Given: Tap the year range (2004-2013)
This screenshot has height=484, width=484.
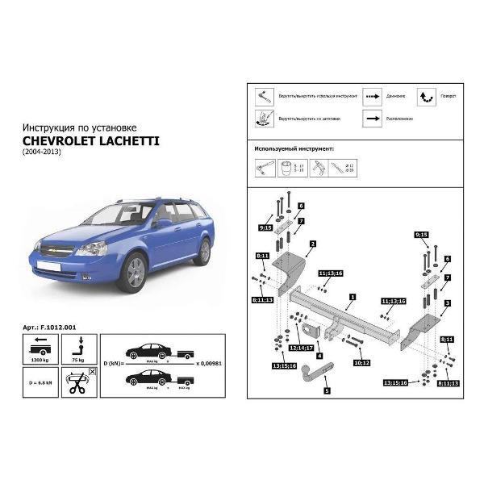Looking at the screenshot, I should coord(43,152).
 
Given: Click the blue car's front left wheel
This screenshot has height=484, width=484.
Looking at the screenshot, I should coord(131,271).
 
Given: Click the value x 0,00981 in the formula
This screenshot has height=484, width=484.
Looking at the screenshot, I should coord(208,363).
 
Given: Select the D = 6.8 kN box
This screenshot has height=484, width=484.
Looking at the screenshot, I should coord(40,385).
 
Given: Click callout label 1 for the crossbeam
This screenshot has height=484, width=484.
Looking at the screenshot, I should coord(352,297).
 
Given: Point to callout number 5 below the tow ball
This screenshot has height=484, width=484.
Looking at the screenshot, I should coord(327,390).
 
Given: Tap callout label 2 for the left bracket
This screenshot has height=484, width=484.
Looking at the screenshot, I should coord(311,243).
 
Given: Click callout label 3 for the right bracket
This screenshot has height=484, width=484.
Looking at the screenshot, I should coord(446,302).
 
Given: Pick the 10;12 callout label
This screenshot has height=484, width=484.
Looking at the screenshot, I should coord(362,363).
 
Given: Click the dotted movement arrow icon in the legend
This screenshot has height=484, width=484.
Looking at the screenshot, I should coord(372,94).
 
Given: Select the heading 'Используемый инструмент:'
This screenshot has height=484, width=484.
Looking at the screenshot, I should coord(294,148).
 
